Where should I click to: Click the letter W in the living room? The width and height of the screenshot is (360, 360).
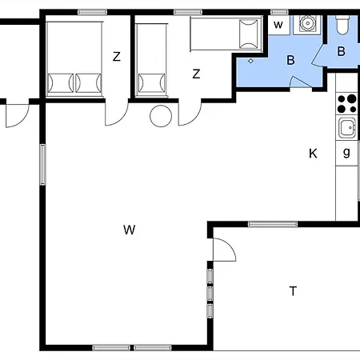click(130, 230)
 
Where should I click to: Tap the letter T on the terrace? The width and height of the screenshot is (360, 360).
click(293, 291)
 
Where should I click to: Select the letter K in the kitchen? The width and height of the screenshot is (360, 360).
click(313, 154)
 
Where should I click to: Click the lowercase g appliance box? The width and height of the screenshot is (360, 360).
click(346, 154)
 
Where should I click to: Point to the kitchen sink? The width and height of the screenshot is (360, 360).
click(347, 128)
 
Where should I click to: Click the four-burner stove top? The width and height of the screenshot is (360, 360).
click(346, 104)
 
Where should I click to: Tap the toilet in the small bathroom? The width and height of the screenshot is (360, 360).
click(342, 25)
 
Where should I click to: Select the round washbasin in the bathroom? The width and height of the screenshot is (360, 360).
click(308, 24)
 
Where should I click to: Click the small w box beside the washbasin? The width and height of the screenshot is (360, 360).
click(278, 25)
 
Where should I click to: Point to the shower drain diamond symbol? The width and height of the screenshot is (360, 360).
click(250, 61)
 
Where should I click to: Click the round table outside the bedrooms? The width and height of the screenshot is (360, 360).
click(161, 116)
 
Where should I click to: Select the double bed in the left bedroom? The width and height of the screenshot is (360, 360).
click(74, 59)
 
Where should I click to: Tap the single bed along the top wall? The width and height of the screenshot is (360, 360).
click(226, 34)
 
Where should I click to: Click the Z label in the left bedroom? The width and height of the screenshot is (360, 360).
click(117, 57)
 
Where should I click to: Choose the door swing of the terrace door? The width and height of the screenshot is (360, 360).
click(225, 250)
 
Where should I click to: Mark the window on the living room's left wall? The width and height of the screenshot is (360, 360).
click(42, 164)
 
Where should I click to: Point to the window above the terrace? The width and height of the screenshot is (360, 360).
click(273, 224)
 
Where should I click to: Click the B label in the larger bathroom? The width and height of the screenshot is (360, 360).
click(291, 60)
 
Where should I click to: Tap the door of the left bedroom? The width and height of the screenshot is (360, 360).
click(117, 114)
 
